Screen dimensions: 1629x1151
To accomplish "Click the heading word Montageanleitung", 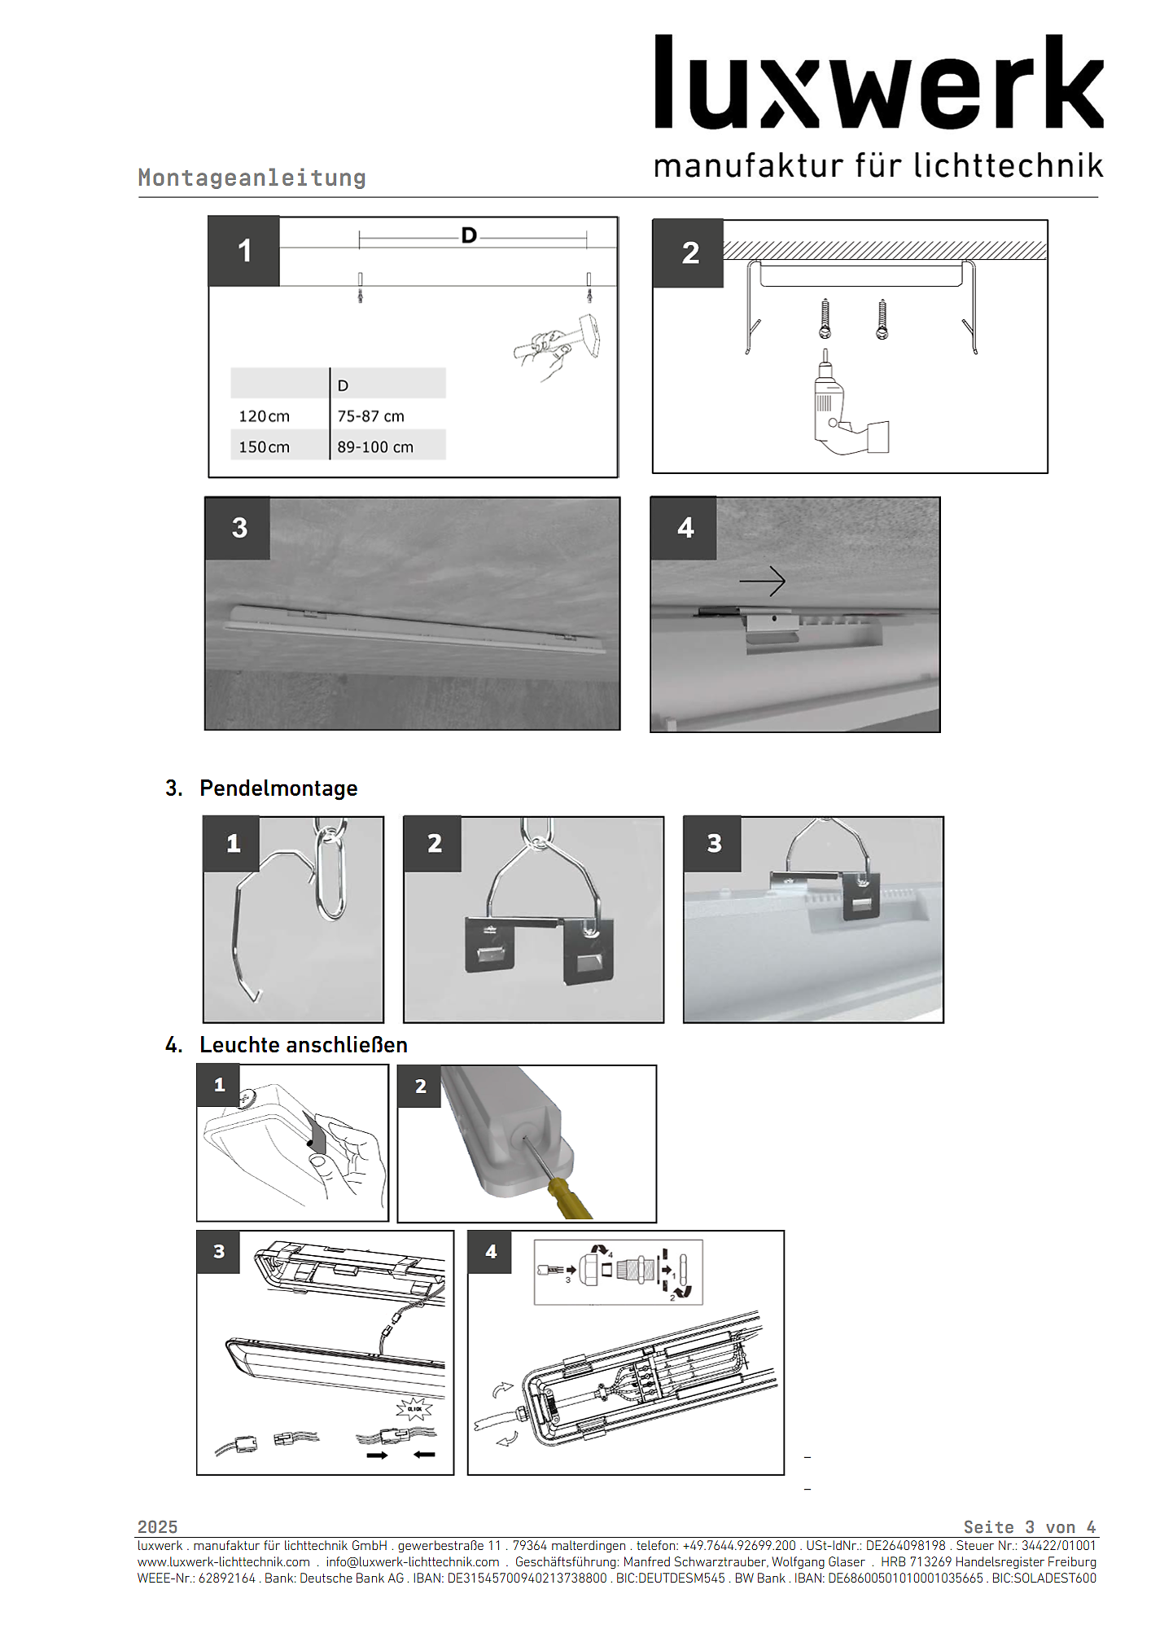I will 252,178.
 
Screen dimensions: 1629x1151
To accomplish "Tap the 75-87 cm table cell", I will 370,416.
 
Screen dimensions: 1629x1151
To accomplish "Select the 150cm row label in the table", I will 264,447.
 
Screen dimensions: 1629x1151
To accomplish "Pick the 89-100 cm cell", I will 375,447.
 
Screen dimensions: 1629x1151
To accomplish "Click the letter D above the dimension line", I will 469,235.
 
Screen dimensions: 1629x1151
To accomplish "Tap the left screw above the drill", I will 825,319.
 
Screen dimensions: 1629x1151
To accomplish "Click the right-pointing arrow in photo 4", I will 762,581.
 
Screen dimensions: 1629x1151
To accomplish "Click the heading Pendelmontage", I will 278,788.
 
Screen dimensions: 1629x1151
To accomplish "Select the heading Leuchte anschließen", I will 303,1045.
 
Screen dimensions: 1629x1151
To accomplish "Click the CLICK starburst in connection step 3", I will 414,1408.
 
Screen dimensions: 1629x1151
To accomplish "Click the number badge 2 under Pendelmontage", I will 434,844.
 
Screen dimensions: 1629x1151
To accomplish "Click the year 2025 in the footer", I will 157,1526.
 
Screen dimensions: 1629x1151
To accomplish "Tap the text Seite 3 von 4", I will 1029,1526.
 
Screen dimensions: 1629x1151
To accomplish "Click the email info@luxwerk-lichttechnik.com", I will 412,1561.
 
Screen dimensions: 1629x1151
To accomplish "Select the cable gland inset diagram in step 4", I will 618,1272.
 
